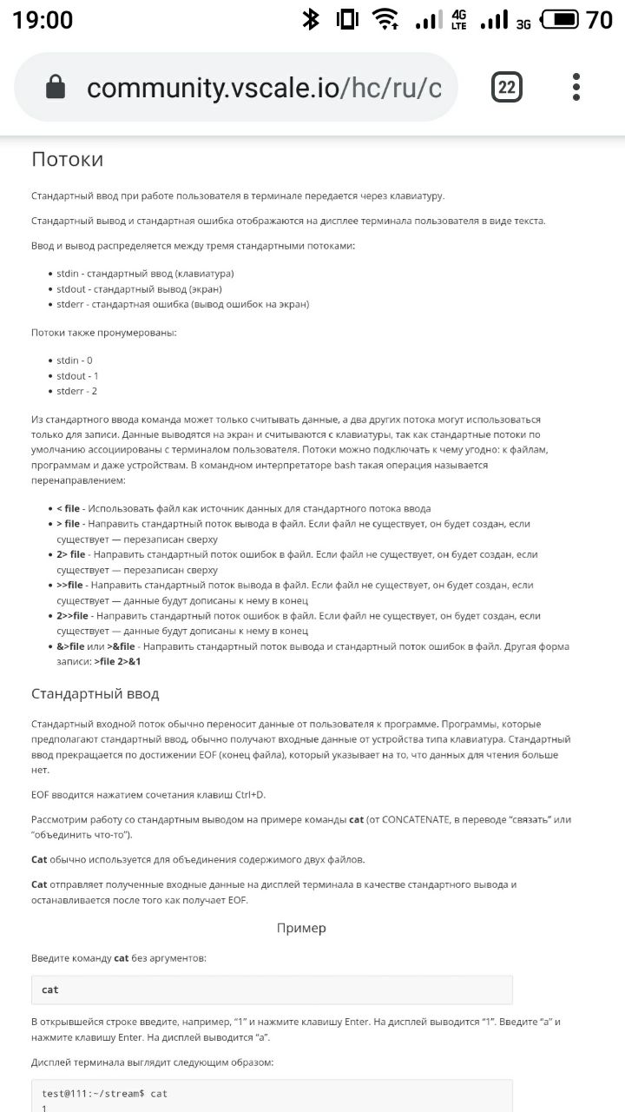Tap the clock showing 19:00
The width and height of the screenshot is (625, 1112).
click(x=43, y=19)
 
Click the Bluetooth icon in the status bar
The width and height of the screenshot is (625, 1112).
click(x=311, y=19)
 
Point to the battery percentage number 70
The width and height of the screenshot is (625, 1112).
click(x=599, y=19)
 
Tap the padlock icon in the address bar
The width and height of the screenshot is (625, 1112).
click(x=56, y=87)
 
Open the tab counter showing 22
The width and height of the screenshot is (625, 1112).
click(x=506, y=87)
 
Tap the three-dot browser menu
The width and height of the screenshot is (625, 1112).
click(x=576, y=87)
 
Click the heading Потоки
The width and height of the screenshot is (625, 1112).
click(x=68, y=159)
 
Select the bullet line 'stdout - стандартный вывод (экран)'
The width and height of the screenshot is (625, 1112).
click(x=139, y=288)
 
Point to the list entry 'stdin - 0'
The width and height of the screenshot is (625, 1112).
click(x=75, y=360)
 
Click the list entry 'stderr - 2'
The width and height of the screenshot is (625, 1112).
click(x=77, y=391)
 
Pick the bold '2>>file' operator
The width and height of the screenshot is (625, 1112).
click(x=73, y=615)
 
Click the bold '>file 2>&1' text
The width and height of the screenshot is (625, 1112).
click(x=117, y=661)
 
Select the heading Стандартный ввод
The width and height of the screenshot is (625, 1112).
click(x=95, y=694)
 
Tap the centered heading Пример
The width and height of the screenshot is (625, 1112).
click(x=301, y=928)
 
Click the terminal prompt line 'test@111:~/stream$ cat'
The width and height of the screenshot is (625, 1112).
click(x=105, y=1093)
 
